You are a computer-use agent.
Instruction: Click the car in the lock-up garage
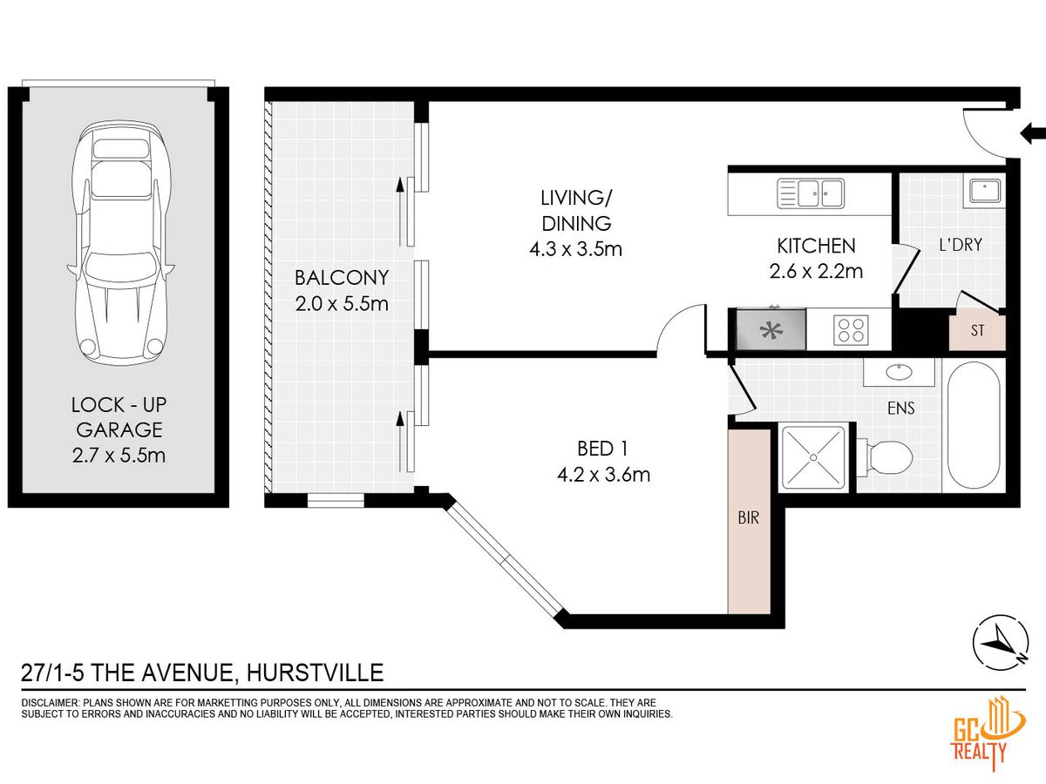pos(120,240)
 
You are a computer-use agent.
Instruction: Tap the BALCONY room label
pos(342,278)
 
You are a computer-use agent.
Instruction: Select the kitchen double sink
pos(811,193)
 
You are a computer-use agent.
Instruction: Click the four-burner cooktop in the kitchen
pos(851,330)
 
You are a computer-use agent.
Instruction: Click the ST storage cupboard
pos(977,330)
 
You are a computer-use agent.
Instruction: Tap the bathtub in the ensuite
pos(974,425)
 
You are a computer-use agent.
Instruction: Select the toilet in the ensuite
pos(885,457)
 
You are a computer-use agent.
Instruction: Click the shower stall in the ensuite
pos(813,457)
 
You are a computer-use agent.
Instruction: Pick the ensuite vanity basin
pos(900,372)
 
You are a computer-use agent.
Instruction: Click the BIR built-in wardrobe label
pos(748,518)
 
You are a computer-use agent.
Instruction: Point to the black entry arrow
pos(1033,132)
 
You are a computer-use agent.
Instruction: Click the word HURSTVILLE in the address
pos(315,673)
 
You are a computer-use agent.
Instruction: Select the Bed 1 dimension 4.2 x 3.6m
pos(603,475)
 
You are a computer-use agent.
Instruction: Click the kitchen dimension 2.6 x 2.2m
pos(816,271)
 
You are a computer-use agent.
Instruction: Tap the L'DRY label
pos(961,245)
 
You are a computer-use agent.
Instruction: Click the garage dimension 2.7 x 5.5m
pos(119,456)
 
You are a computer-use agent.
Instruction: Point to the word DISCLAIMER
pos(50,703)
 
